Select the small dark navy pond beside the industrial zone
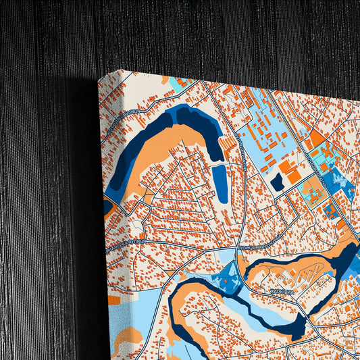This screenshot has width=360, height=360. (x=277, y=182)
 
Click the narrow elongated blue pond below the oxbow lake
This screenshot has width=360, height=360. (x=220, y=184)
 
